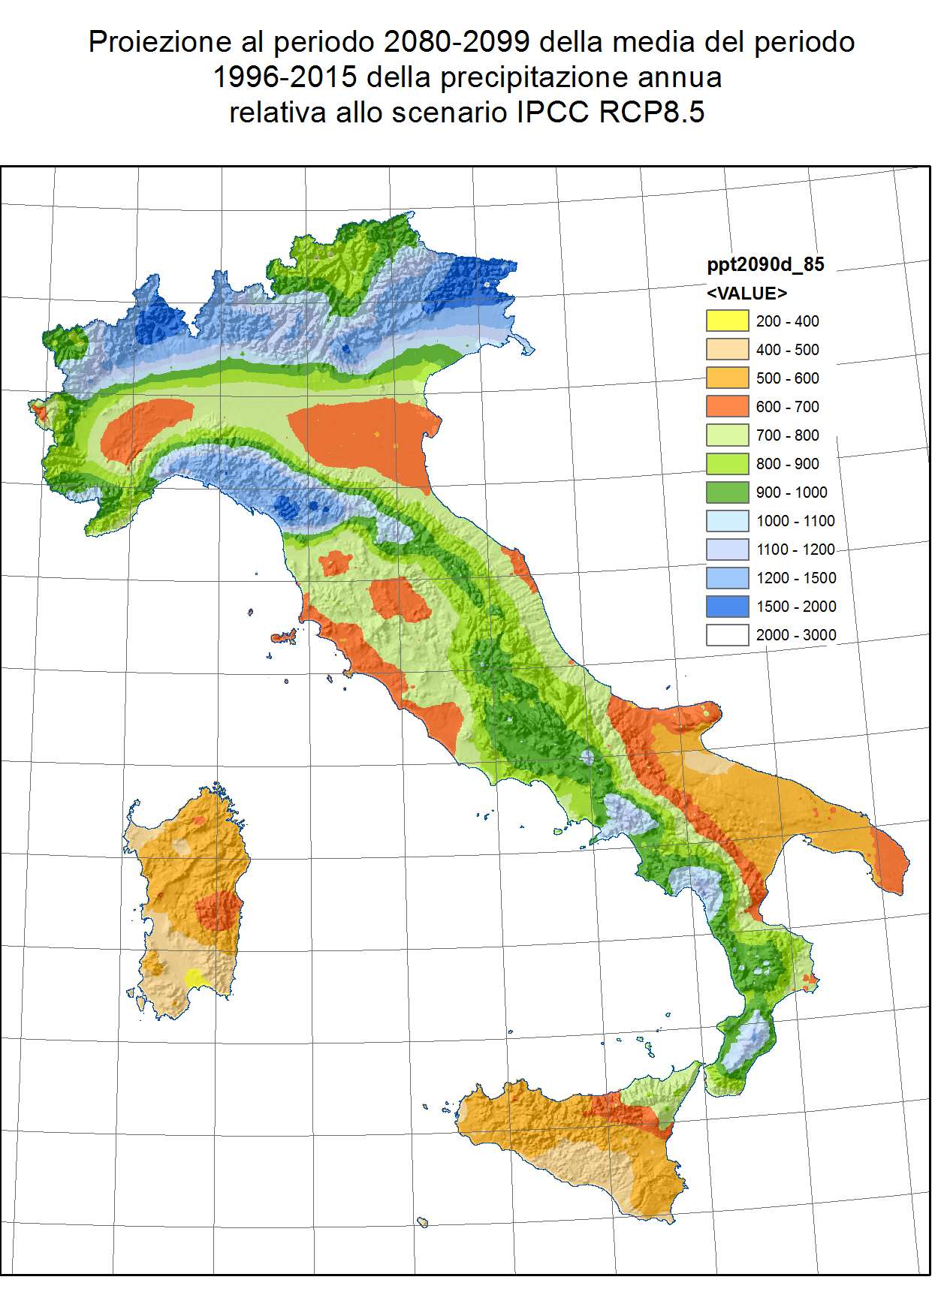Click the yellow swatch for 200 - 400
coord(727,321)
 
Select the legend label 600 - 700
coord(787,407)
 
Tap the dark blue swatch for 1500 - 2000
coord(727,606)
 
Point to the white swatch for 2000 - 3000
coord(727,634)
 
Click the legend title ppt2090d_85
coord(765,264)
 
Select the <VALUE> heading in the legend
coord(747,293)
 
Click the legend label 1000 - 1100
coord(795,521)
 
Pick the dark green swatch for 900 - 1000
coord(727,492)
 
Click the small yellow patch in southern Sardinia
coord(194,977)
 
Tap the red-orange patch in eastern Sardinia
coord(218,911)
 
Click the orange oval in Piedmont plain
coord(144,430)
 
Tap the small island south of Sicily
coord(423,1223)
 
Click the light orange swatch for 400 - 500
coord(727,349)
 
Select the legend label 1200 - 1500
coord(795,578)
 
